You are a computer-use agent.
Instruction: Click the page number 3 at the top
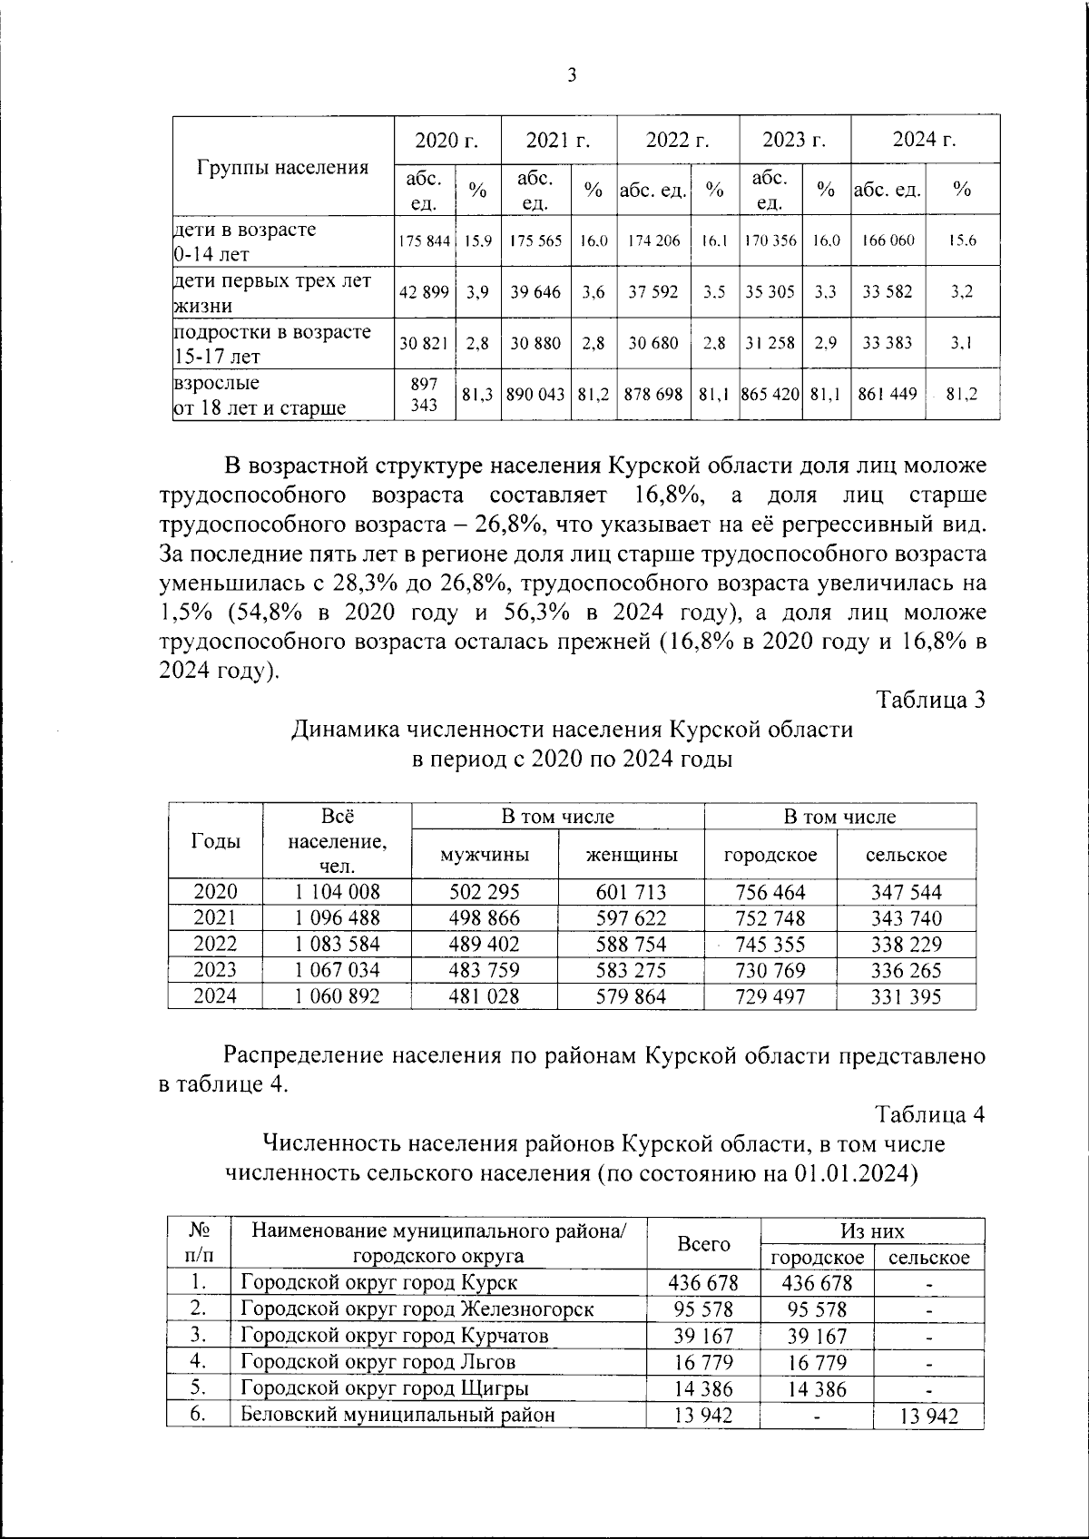click(572, 76)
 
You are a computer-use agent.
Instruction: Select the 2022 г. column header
click(677, 140)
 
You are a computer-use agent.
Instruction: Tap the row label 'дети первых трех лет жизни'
click(272, 292)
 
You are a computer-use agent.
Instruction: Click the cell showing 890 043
click(535, 395)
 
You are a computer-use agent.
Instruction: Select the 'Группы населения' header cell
click(282, 167)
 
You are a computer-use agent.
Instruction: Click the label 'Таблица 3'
click(930, 700)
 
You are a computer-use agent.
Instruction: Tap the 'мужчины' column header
click(485, 855)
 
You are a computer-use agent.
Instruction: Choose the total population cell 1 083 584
click(337, 944)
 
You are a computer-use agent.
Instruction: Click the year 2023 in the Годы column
click(215, 970)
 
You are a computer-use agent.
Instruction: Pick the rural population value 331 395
click(906, 996)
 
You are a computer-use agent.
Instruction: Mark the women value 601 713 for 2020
click(631, 892)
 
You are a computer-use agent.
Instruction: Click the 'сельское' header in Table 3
click(906, 855)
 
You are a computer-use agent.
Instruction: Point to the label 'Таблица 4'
click(930, 1113)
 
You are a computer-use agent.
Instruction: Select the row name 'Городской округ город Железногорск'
click(417, 1309)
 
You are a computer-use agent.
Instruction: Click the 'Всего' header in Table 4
click(704, 1244)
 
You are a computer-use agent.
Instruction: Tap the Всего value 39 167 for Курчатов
click(704, 1336)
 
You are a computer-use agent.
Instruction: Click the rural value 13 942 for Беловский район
click(928, 1416)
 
